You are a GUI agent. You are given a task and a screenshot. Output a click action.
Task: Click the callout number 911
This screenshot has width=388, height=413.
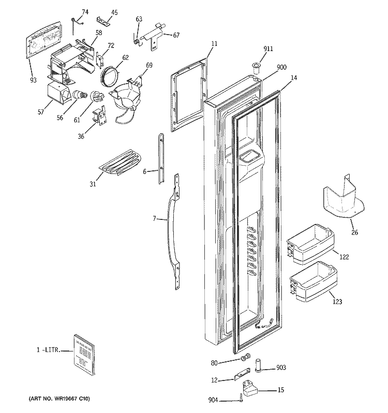click(268, 49)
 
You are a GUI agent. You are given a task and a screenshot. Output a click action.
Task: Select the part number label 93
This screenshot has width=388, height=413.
click(33, 80)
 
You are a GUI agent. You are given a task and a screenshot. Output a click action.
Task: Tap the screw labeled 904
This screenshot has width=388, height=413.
click(242, 398)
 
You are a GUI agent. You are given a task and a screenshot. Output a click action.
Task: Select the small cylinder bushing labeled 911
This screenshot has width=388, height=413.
click(257, 66)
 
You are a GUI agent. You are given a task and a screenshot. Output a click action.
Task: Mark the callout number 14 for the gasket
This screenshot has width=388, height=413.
click(294, 78)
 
